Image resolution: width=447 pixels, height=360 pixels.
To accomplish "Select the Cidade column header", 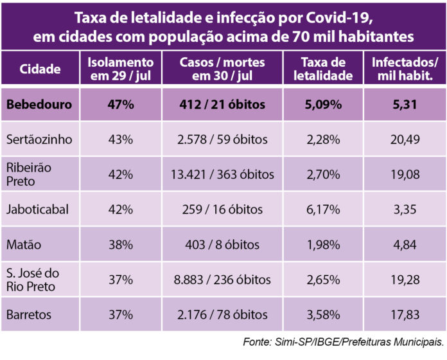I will (40, 69).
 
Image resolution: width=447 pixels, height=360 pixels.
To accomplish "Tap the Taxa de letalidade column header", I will (327, 69).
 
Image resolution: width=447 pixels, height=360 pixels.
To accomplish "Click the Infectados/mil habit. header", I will (405, 69).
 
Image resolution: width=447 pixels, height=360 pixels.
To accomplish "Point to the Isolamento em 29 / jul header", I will (121, 69).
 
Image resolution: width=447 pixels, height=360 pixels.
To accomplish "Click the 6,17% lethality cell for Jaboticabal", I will (327, 210).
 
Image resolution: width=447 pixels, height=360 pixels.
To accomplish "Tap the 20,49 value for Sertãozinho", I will (405, 139).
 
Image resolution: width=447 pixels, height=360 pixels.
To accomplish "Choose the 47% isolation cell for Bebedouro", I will (121, 104).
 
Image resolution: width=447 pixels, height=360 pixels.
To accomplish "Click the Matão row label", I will (25, 244).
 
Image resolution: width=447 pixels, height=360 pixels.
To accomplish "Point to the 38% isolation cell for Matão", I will (121, 244).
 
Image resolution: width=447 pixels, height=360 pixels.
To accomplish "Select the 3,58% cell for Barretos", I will (327, 314).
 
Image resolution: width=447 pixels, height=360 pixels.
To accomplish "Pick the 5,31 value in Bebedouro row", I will (405, 104).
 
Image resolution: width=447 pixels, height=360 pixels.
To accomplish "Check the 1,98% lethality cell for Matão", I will (327, 244).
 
